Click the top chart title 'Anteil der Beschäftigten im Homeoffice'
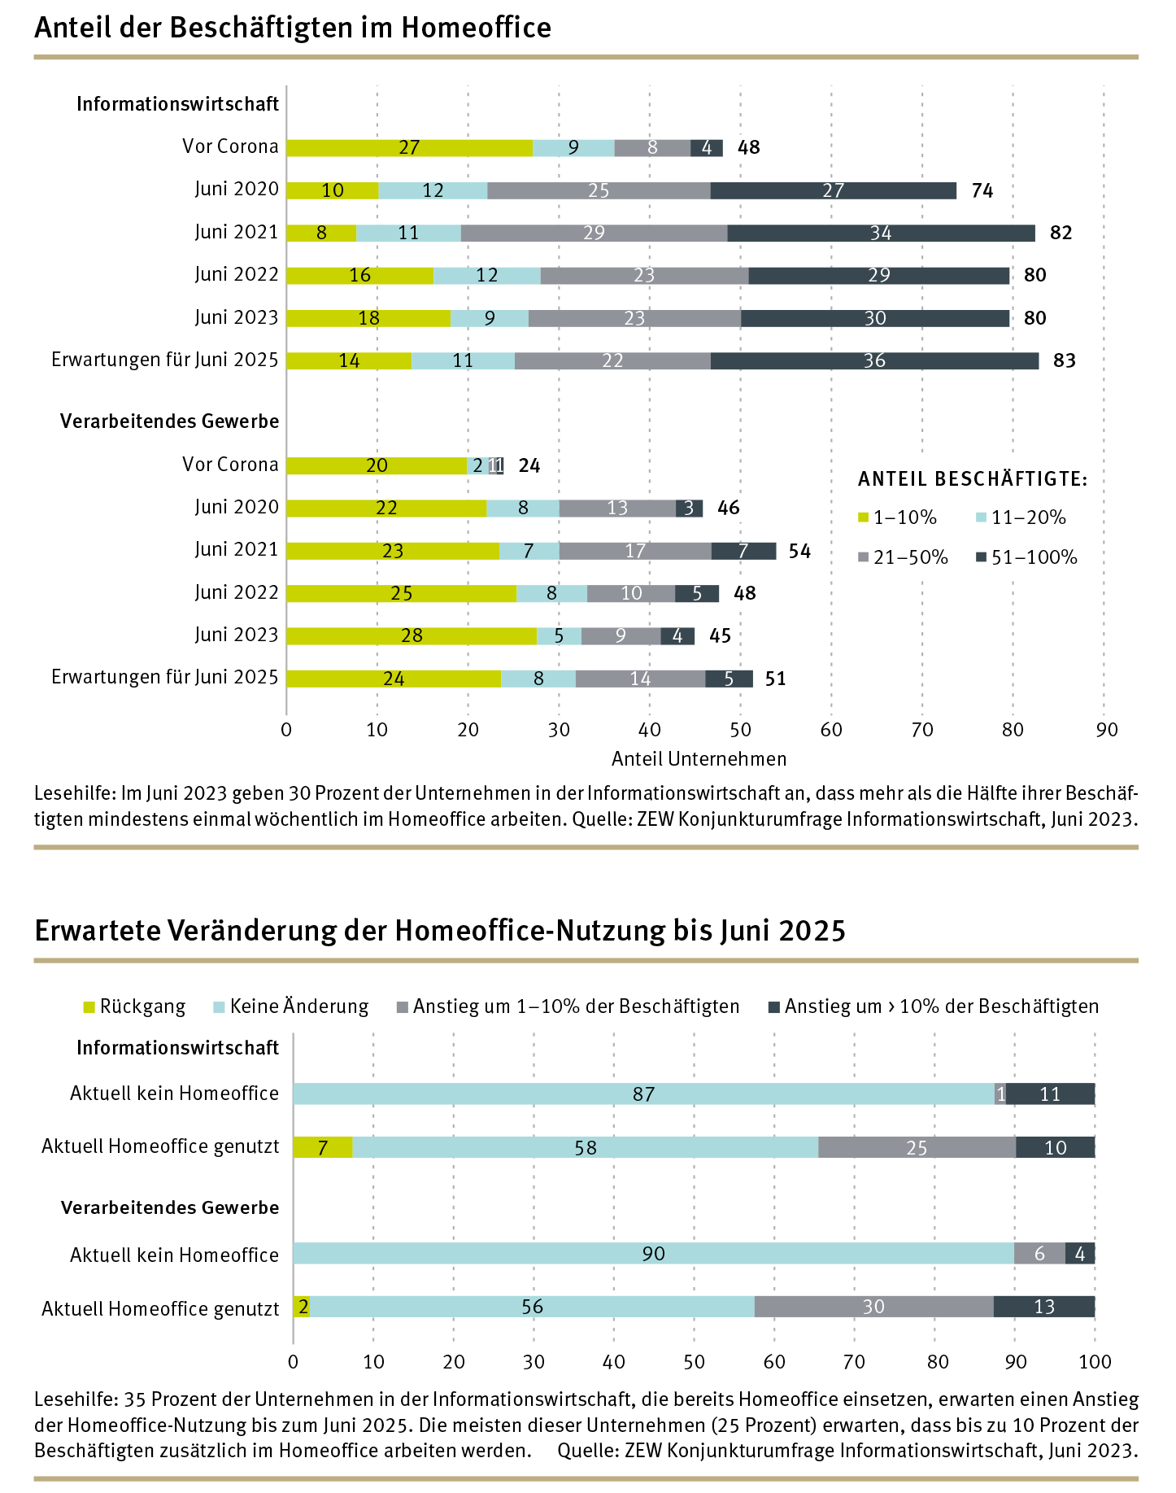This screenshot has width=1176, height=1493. click(x=293, y=28)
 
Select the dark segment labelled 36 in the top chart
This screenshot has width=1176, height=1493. click(x=874, y=360)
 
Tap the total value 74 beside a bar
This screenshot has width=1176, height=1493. click(x=982, y=190)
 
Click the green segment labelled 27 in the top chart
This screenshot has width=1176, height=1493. click(x=409, y=147)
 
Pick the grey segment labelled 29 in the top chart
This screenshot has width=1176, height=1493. click(x=594, y=233)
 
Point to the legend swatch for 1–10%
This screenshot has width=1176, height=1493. click(x=864, y=517)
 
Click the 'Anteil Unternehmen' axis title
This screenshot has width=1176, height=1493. click(x=699, y=759)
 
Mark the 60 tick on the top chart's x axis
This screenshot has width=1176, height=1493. click(x=831, y=730)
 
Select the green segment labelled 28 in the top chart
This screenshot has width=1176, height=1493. click(x=412, y=635)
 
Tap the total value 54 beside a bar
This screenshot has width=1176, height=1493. click(x=799, y=551)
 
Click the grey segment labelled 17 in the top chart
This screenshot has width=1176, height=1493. click(x=635, y=551)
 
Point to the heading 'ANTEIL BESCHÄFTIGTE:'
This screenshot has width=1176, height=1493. click(x=973, y=479)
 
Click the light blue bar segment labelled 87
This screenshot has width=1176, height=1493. click(x=643, y=1094)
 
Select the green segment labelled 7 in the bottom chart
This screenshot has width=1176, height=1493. click(x=323, y=1147)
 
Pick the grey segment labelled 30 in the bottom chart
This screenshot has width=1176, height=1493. click(x=873, y=1307)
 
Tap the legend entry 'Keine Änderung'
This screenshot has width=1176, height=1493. click(x=298, y=1006)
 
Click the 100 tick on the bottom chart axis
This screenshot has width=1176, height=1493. click(x=1095, y=1362)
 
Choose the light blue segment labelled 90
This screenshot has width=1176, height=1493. click(x=653, y=1254)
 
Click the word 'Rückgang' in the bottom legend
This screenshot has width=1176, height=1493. click(x=142, y=1006)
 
